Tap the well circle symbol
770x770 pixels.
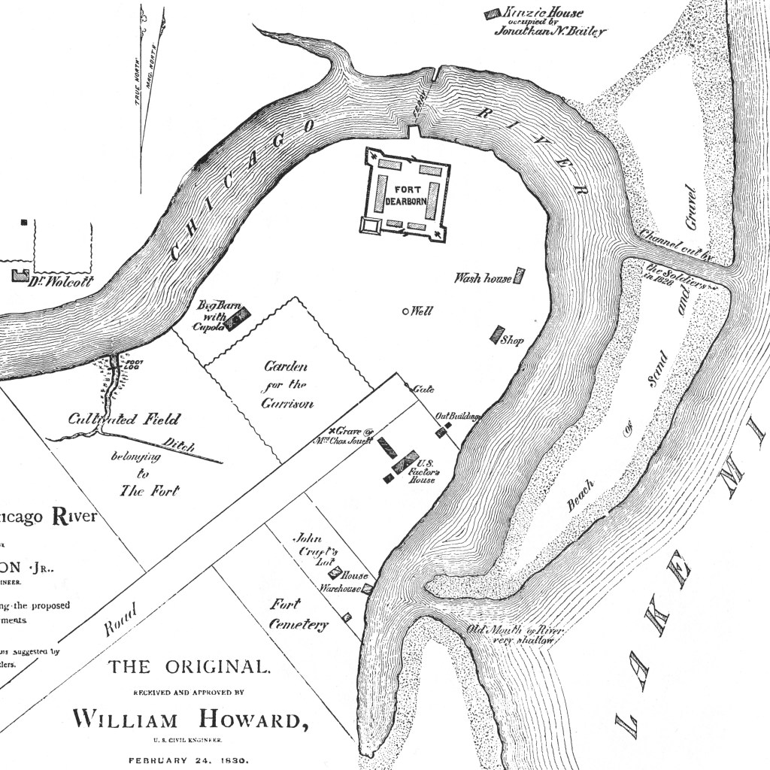coord(406,311)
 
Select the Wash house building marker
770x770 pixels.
coord(519,276)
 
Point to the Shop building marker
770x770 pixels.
coord(497,335)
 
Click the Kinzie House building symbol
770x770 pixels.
coord(493,14)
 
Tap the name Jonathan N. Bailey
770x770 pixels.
coord(550,32)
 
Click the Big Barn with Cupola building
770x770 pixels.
coord(238,320)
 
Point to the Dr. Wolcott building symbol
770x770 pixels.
coord(20,274)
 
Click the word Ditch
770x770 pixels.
coord(179,445)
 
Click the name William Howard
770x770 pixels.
coord(189,720)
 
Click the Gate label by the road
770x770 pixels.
coord(423,390)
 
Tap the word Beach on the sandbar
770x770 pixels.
coord(581,496)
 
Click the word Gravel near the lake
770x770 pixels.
coord(691,208)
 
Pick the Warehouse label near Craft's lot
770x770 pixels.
coord(341,589)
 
